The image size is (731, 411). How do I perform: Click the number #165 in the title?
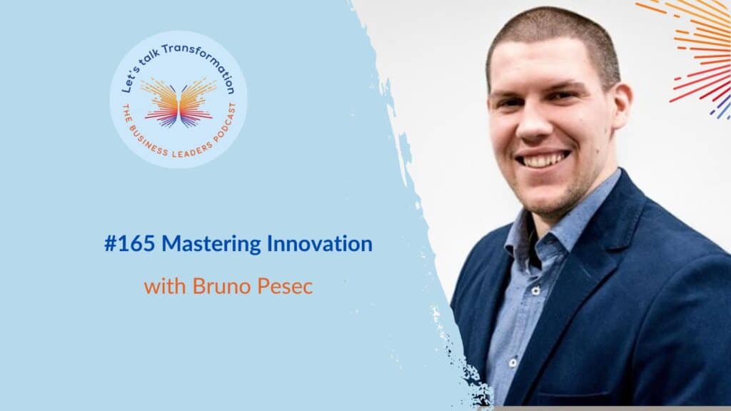click(130, 244)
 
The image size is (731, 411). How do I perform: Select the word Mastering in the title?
click(211, 245)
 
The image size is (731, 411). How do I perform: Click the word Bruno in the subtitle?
click(222, 286)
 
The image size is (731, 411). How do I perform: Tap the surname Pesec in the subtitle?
click(285, 286)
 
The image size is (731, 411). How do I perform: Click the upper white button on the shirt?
click(535, 291)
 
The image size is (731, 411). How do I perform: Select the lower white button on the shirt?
click(513, 362)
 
